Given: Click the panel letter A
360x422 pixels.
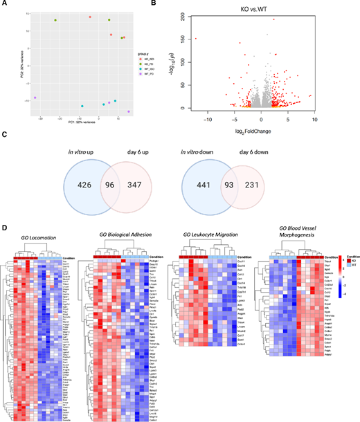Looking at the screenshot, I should click(x=5, y=5).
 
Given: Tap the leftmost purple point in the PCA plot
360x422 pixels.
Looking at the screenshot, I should click(x=35, y=98).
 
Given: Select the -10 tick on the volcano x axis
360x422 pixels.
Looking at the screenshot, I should click(x=207, y=118).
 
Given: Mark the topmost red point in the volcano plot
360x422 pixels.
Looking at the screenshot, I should click(x=273, y=19).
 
